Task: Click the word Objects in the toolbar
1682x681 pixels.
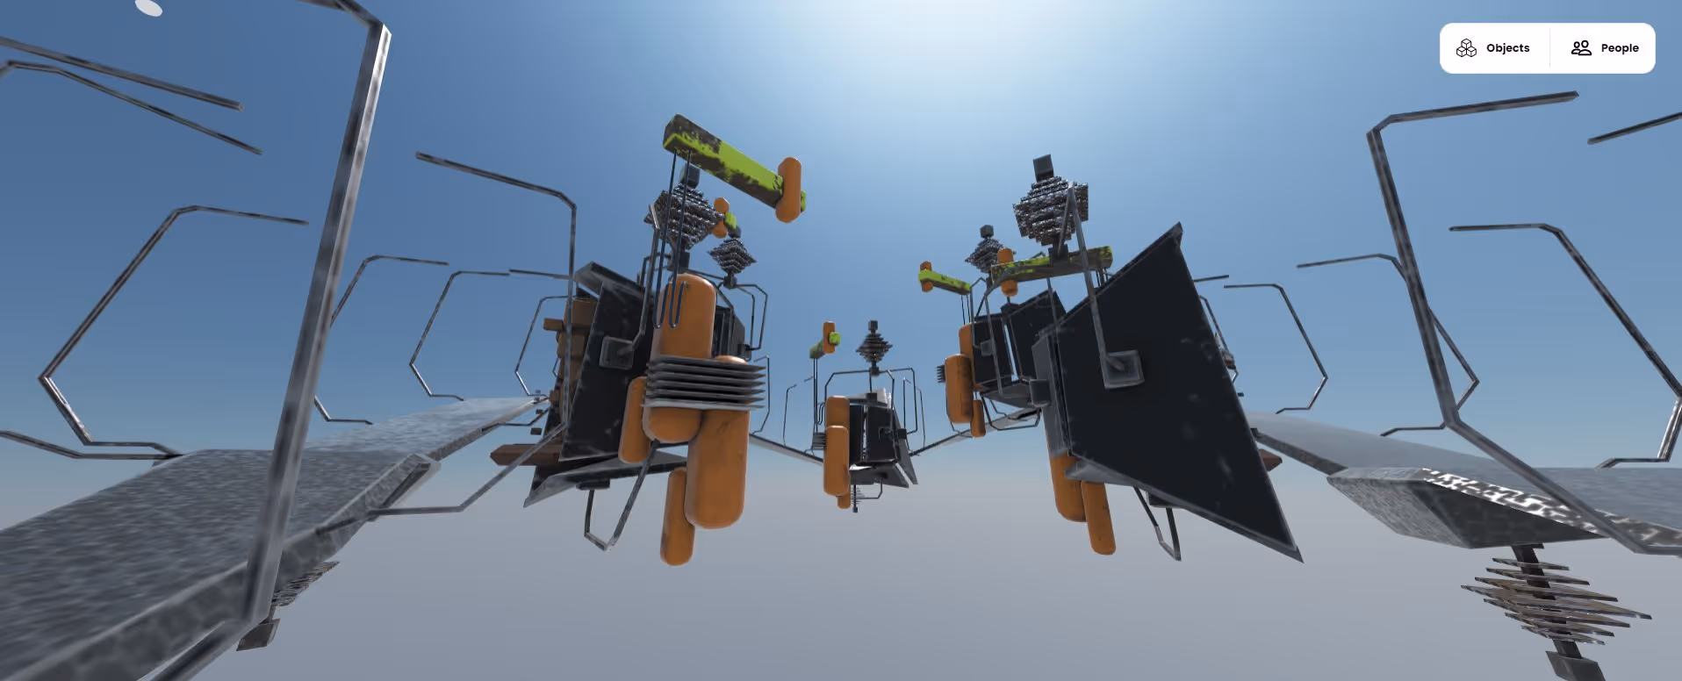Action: (x=1507, y=48)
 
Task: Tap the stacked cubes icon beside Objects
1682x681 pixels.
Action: (x=1466, y=48)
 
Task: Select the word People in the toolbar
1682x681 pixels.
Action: (x=1620, y=48)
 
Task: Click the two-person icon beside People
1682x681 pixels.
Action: (x=1581, y=48)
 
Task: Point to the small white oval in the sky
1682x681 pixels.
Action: (x=149, y=8)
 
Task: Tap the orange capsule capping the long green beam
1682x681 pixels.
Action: (x=789, y=189)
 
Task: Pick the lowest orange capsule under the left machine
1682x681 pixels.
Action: (x=676, y=516)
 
